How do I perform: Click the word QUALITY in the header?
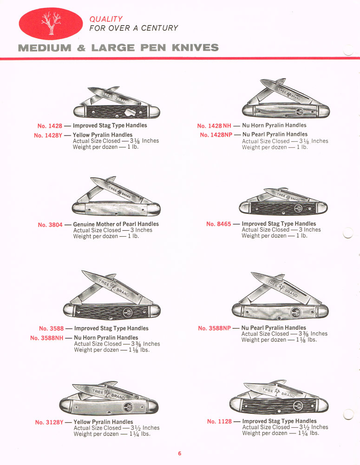point(106,19)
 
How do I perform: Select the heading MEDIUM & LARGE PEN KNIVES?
point(118,47)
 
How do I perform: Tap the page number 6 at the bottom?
point(180,453)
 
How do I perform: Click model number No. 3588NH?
point(46,338)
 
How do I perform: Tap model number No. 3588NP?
point(214,328)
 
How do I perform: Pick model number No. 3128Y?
point(52,422)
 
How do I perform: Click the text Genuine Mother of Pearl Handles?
point(116,224)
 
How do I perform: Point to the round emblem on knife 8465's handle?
point(298,207)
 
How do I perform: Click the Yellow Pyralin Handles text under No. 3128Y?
point(103,422)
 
